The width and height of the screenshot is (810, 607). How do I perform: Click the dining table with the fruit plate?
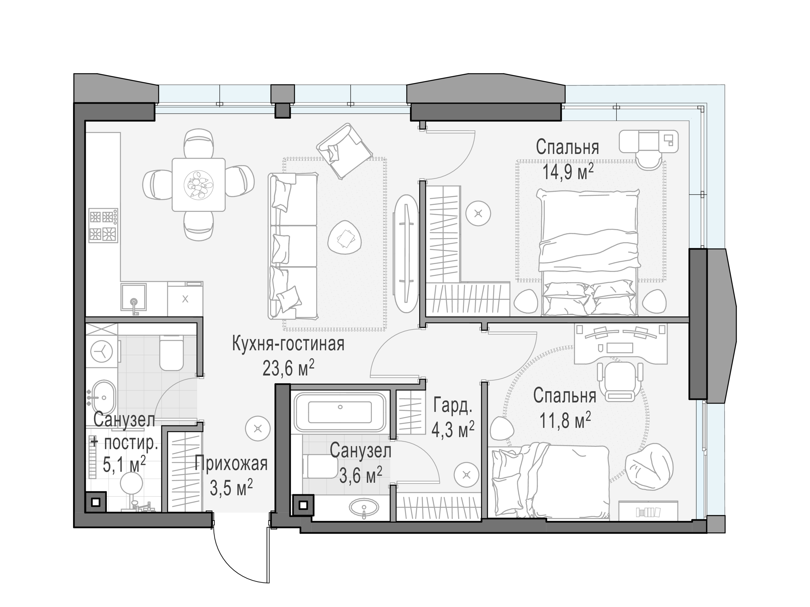coord(199,185)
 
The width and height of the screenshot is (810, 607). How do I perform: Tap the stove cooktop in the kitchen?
coord(103,225)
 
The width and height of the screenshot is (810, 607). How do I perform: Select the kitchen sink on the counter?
coord(134,299)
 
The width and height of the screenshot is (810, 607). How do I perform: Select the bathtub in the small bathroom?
coord(340,412)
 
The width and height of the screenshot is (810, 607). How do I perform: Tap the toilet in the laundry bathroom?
coord(171,353)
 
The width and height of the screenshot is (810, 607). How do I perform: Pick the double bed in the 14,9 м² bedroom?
coord(589,253)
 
